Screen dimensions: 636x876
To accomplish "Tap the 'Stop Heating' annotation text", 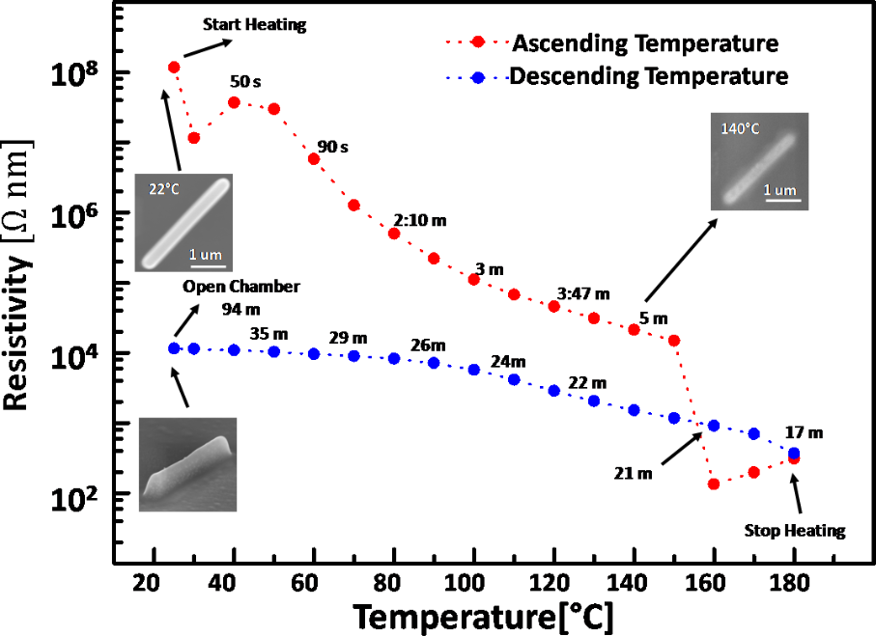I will (x=795, y=530).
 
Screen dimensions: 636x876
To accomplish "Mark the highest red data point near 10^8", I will (x=174, y=67).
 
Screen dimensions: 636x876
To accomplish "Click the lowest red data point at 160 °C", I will (x=714, y=484).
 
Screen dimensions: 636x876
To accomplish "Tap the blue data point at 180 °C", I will (x=794, y=453).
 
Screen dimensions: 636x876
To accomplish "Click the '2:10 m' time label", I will (x=420, y=220).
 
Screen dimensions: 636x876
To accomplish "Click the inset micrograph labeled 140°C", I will (x=759, y=161).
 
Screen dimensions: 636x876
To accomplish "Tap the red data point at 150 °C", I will (x=674, y=341).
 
